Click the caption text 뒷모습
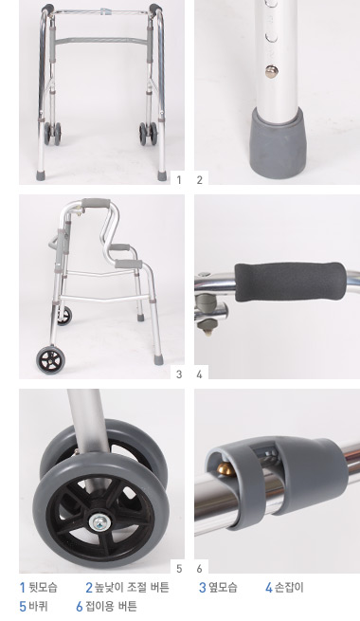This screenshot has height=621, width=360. tap(44, 587)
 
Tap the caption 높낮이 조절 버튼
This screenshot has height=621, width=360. tap(132, 587)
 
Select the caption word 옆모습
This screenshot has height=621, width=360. tap(223, 587)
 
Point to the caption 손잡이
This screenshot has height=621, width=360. tap(289, 587)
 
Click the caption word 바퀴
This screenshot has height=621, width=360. tap(39, 606)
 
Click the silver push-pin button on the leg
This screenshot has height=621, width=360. tap(271, 71)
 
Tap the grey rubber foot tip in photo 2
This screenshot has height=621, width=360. tap(278, 142)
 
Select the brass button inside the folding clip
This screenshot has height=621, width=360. tap(225, 468)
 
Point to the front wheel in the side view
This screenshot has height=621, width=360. tap(50, 359)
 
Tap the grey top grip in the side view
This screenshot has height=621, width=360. tap(96, 203)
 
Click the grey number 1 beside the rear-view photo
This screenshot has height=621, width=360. tap(179, 180)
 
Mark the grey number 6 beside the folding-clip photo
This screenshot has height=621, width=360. tap(199, 569)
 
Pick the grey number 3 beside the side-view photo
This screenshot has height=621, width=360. tap(179, 374)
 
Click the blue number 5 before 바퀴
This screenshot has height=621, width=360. tap(23, 607)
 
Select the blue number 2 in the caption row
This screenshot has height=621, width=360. tap(89, 587)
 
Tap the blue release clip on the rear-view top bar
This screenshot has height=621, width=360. tap(105, 11)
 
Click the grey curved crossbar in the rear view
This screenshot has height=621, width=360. tap(101, 41)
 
